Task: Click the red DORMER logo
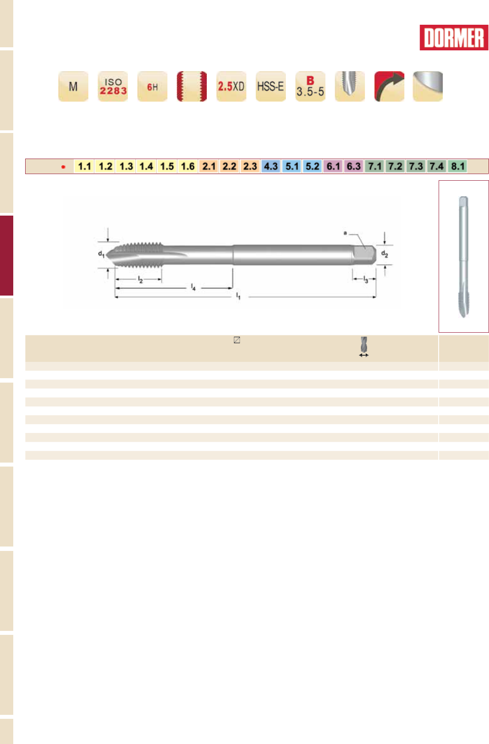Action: tap(454, 38)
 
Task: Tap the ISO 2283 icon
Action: tap(113, 86)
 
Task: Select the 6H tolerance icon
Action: tap(152, 86)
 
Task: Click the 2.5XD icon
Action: tap(231, 86)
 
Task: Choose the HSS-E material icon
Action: tap(271, 86)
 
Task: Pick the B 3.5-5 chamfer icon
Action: tap(310, 86)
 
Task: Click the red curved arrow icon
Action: tap(389, 86)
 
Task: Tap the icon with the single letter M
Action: tap(73, 86)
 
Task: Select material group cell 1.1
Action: tap(84, 167)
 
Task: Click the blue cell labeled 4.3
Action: tap(271, 167)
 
